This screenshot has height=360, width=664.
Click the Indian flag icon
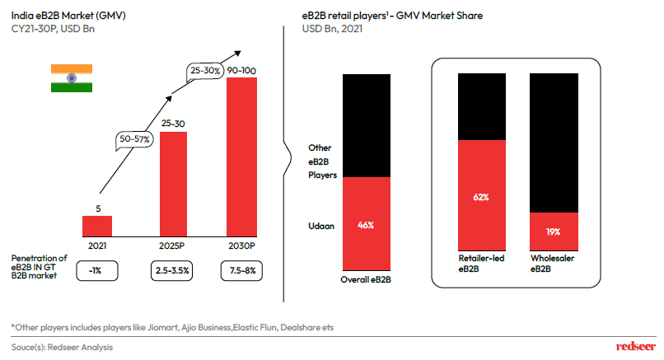tap(70, 77)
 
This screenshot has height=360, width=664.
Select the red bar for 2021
tap(97, 225)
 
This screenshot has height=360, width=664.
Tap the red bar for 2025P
tap(173, 183)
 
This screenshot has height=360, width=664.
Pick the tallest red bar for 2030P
tap(241, 157)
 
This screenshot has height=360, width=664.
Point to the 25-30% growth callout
tap(204, 71)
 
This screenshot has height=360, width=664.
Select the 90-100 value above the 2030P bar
tap(241, 72)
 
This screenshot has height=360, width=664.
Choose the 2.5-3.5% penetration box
tap(173, 269)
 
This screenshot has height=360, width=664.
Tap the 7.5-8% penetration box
tap(242, 269)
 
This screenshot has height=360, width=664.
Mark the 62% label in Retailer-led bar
tap(482, 197)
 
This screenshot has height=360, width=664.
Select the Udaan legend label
tap(320, 224)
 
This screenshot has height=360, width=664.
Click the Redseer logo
tap(634, 347)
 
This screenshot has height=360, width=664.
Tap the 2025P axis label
tap(173, 245)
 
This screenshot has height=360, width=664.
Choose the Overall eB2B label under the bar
tap(367, 279)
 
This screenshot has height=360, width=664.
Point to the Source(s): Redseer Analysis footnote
tap(63, 347)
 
